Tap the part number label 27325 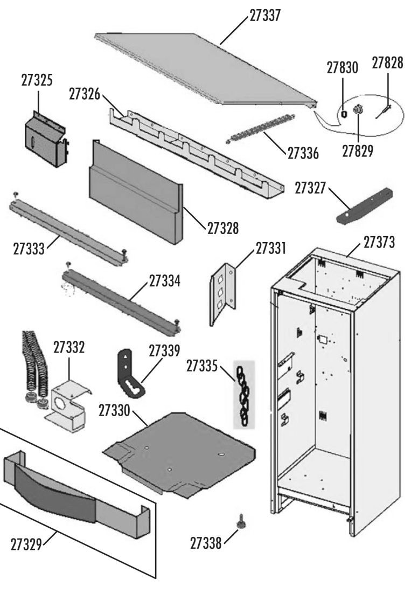click(37, 80)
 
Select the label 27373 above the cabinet click(379, 243)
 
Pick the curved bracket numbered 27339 click(128, 373)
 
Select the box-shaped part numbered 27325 click(45, 138)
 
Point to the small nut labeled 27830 click(344, 113)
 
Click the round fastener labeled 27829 click(357, 111)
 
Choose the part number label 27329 click(27, 543)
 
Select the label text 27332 click(69, 347)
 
